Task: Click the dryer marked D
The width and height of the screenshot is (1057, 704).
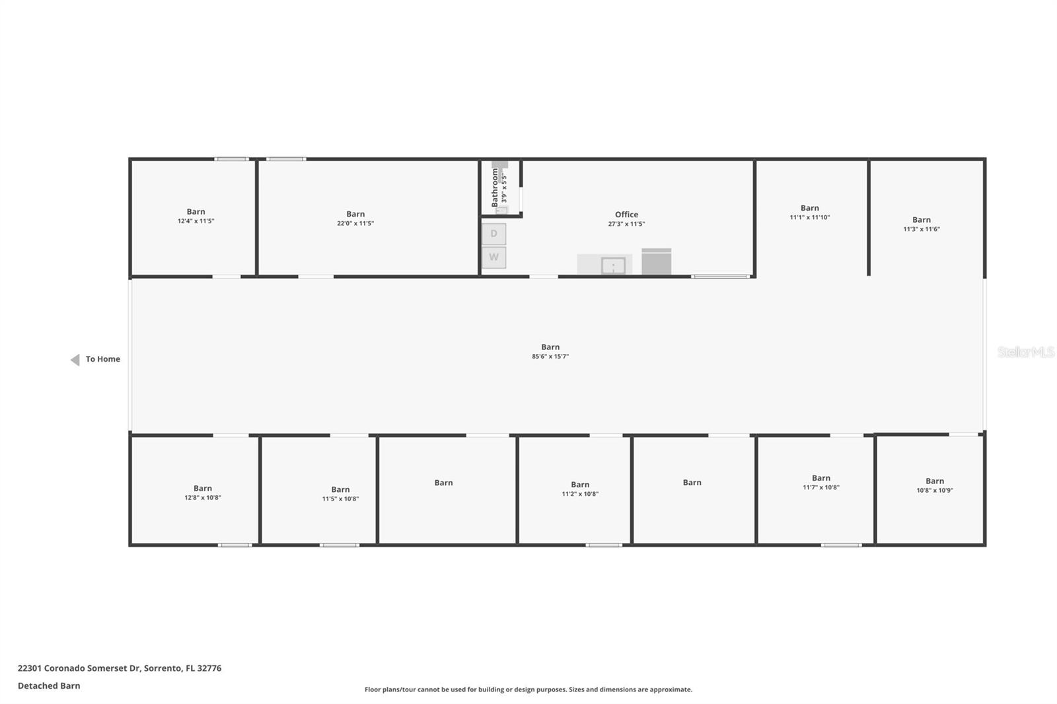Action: pyautogui.click(x=493, y=234)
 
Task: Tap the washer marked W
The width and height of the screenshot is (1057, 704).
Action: pyautogui.click(x=493, y=257)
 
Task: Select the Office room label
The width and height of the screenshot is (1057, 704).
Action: pyautogui.click(x=626, y=215)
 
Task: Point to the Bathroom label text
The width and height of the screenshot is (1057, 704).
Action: pyautogui.click(x=495, y=187)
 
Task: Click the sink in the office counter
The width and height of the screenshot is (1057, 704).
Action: pyautogui.click(x=613, y=265)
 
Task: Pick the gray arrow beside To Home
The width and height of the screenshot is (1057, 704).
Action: pyautogui.click(x=75, y=359)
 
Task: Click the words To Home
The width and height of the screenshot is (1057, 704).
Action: pyautogui.click(x=103, y=359)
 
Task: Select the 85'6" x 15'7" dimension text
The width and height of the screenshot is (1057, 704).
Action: pyautogui.click(x=550, y=357)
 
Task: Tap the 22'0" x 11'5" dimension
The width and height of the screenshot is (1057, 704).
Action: pyautogui.click(x=355, y=223)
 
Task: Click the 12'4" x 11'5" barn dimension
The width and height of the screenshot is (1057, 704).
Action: pyautogui.click(x=196, y=221)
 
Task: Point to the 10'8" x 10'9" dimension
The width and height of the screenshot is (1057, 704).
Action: pyautogui.click(x=935, y=491)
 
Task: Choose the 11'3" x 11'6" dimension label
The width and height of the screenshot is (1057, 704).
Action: pyautogui.click(x=922, y=229)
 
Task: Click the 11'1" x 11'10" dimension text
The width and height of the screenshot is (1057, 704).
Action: pyautogui.click(x=809, y=217)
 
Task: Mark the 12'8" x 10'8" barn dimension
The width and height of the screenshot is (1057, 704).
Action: pyautogui.click(x=203, y=498)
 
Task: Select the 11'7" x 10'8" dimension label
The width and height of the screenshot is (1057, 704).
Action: pyautogui.click(x=821, y=487)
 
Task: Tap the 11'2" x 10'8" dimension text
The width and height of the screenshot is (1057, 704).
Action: pyautogui.click(x=580, y=494)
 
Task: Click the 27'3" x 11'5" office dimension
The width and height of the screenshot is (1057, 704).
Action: pyautogui.click(x=626, y=224)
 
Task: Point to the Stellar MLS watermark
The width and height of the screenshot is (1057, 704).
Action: pyautogui.click(x=1025, y=352)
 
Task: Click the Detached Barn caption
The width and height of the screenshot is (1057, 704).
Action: pyautogui.click(x=49, y=686)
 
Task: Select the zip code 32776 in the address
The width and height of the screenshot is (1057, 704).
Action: pyautogui.click(x=209, y=668)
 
